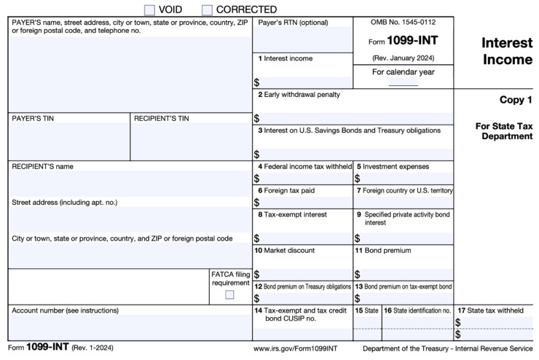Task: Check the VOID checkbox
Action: tap(150, 9)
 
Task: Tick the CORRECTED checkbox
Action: tap(208, 9)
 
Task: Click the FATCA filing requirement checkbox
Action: tap(229, 294)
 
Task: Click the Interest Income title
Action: tap(507, 51)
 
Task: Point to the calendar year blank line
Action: tap(403, 85)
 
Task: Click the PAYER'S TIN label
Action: tap(33, 118)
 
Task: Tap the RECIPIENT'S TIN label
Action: tap(161, 118)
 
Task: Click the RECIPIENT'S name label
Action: tap(43, 166)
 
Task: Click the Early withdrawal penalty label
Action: tap(302, 95)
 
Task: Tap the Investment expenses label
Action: tap(396, 166)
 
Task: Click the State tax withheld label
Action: tap(494, 310)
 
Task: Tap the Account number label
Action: tap(65, 310)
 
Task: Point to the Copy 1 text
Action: tap(516, 99)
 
